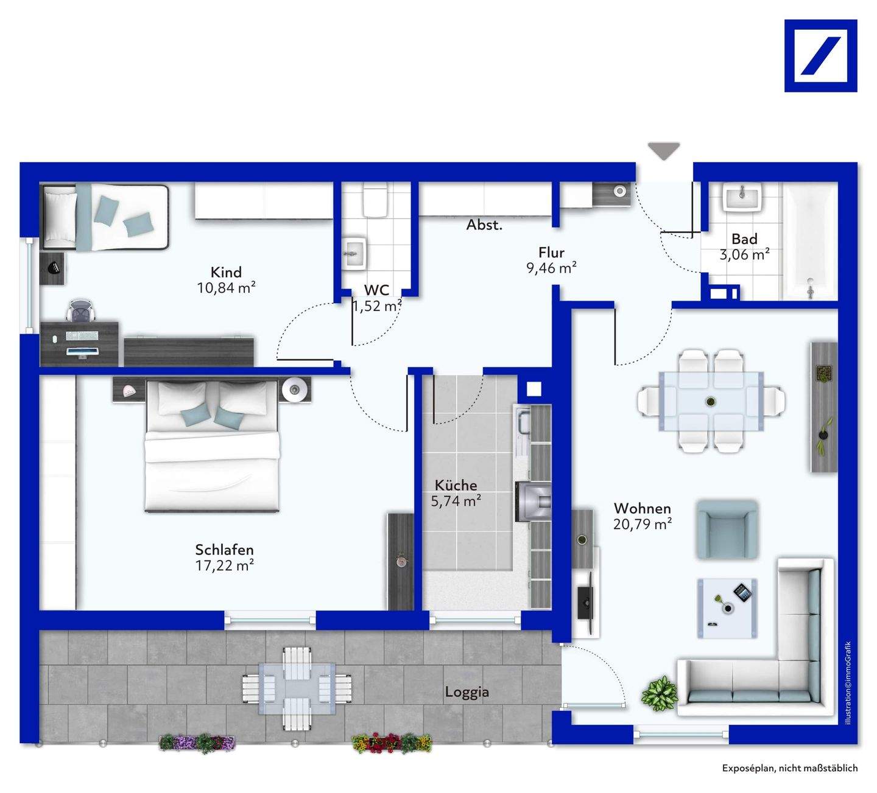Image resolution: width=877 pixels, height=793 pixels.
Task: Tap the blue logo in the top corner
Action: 820,56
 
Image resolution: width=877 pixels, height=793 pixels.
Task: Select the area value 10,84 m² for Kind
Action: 226,288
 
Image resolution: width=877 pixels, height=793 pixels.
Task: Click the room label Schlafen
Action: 224,549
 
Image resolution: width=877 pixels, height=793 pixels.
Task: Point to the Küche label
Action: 456,485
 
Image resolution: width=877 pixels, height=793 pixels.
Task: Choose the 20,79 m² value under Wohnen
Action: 643,524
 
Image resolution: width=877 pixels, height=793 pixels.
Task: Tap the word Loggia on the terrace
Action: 467,692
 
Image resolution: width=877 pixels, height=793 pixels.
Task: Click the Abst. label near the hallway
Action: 484,225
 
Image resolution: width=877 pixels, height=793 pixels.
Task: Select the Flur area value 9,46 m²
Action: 551,267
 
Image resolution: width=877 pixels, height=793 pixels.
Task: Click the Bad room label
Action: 744,239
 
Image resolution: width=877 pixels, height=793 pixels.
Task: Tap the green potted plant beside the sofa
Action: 660,694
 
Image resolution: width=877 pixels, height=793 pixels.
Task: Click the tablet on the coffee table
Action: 743,593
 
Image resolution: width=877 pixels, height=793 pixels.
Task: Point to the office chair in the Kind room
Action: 81,309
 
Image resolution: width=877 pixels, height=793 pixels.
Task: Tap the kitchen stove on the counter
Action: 534,501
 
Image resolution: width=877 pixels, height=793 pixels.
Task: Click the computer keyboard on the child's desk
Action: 82,335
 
